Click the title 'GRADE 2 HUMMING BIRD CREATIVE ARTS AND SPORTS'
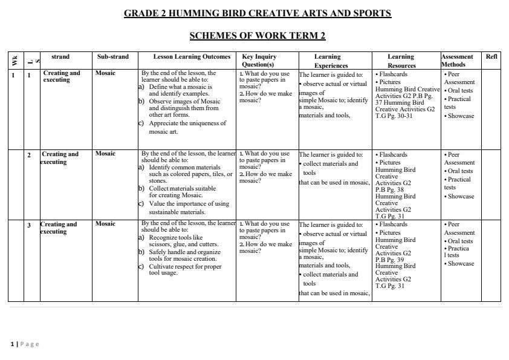click(258, 13)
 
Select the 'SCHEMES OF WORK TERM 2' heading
click(258, 36)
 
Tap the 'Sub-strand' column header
click(112, 57)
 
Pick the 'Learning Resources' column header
click(401, 61)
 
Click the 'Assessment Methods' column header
click(457, 61)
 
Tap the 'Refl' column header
click(491, 57)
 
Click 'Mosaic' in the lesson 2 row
click(105, 154)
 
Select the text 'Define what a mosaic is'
click(180, 87)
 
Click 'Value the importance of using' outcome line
click(189, 204)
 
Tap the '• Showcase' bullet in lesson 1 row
click(459, 116)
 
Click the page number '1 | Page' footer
click(25, 344)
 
